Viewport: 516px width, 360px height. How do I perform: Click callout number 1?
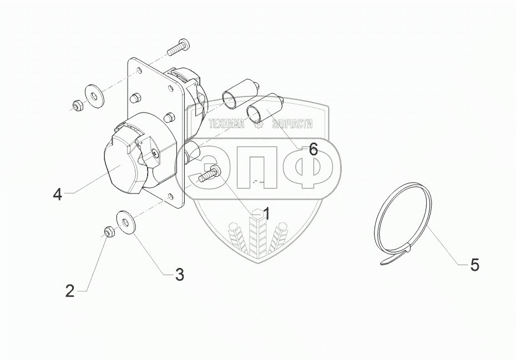266,214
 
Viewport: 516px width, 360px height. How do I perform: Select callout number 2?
70,291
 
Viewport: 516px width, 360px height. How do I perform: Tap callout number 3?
179,275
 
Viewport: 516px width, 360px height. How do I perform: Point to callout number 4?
58,195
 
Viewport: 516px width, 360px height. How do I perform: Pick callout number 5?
474,265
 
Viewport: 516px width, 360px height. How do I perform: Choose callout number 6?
313,149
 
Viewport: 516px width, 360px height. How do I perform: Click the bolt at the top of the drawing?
178,47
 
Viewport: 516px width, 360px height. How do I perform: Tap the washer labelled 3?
125,222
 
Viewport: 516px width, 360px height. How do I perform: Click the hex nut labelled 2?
108,232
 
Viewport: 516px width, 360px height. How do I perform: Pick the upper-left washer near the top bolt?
94,96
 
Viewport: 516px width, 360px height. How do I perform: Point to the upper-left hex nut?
78,105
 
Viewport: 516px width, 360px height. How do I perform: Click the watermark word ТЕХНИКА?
227,124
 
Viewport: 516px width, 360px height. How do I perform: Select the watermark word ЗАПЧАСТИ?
292,124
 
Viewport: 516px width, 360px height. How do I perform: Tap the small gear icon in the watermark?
259,124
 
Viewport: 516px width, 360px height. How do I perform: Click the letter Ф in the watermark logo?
308,168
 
